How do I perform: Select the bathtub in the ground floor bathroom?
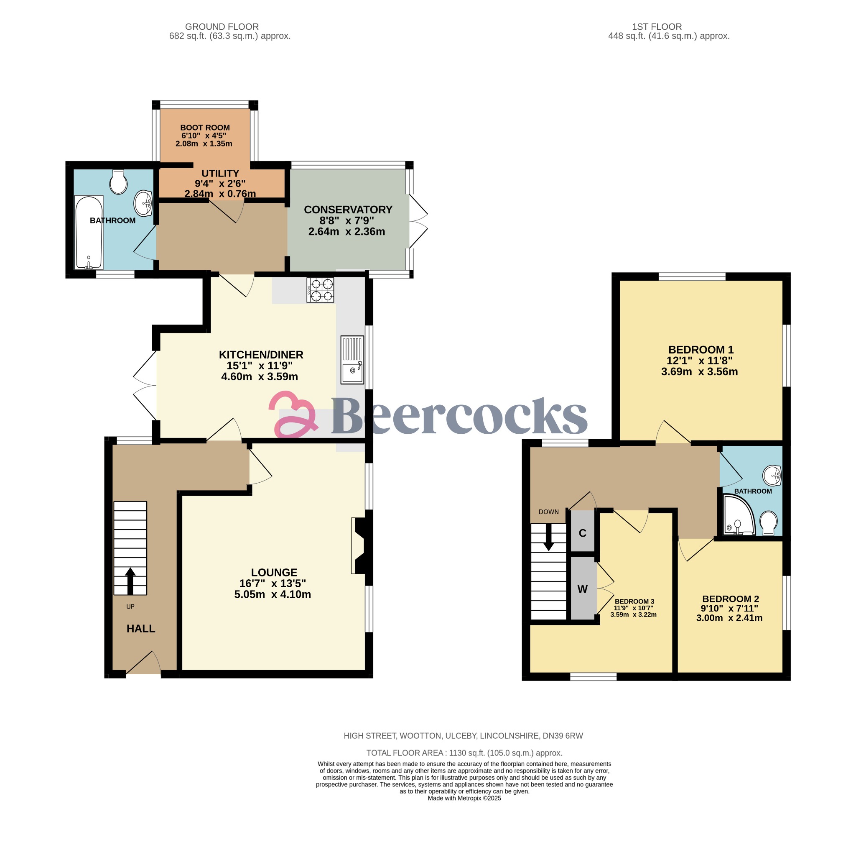tap(89, 233)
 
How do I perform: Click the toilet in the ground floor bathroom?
tap(118, 182)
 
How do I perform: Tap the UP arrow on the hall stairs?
tap(130, 581)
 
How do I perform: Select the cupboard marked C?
tap(583, 533)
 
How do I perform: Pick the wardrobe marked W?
tap(583, 589)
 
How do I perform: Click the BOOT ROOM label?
tap(205, 127)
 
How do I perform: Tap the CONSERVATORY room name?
tap(348, 210)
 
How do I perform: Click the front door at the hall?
tap(144, 663)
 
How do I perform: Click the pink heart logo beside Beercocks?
tap(292, 414)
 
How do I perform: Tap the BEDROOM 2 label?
tap(731, 599)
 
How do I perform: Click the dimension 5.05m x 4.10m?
tap(272, 594)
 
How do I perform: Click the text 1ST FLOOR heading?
tap(657, 26)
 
